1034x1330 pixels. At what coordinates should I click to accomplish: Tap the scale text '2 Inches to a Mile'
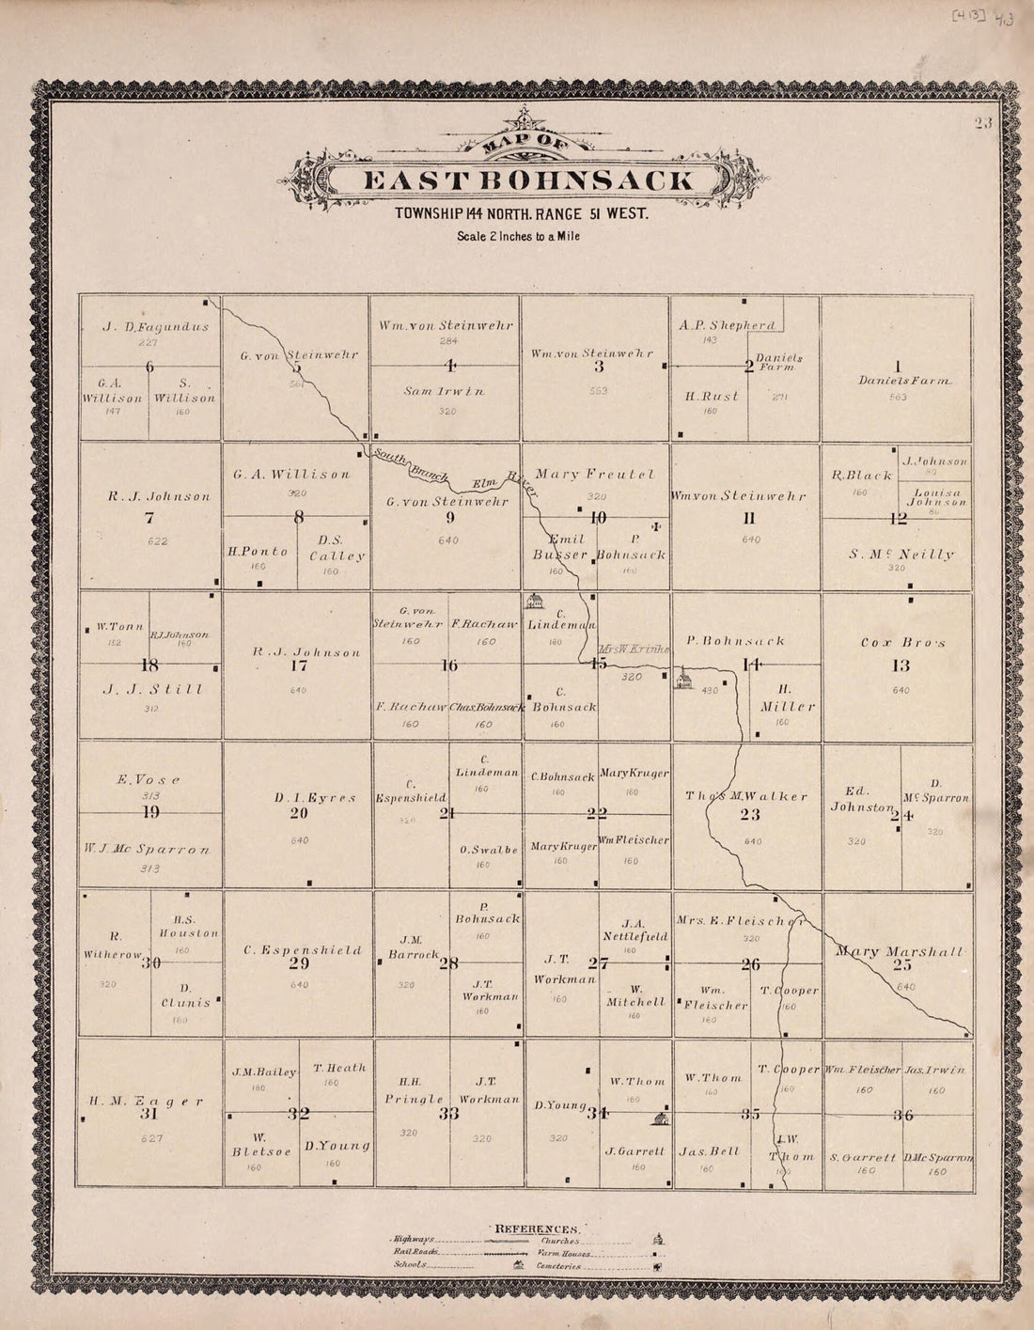click(x=518, y=236)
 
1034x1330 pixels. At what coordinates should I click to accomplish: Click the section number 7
click(x=149, y=516)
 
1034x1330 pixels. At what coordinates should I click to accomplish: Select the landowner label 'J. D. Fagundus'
click(x=155, y=328)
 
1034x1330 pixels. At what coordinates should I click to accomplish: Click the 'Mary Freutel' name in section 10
click(x=594, y=475)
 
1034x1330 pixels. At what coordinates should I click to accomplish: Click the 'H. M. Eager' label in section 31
click(x=146, y=1101)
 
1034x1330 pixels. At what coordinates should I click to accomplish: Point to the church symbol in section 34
click(x=661, y=1118)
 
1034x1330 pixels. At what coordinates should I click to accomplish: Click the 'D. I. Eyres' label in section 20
click(x=315, y=798)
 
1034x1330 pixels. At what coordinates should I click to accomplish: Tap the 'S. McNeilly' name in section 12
click(x=901, y=555)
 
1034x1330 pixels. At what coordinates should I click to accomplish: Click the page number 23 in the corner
click(x=984, y=123)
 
